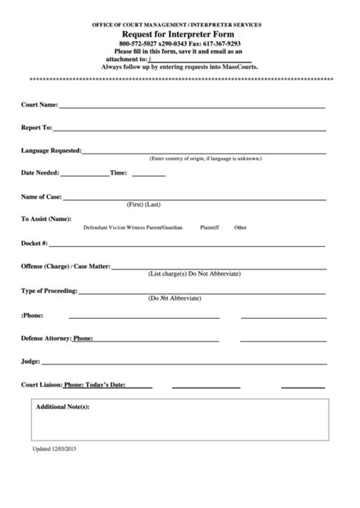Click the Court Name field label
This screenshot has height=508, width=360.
click(x=39, y=104)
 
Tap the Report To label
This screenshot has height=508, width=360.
click(x=36, y=128)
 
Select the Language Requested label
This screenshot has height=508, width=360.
click(x=52, y=150)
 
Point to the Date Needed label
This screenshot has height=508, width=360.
click(x=39, y=173)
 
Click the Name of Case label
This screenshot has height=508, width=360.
click(x=42, y=197)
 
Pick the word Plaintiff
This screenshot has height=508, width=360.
click(x=209, y=228)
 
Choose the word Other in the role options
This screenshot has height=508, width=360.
click(x=240, y=228)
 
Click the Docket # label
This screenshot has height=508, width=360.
click(x=34, y=244)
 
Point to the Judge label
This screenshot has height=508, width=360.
click(x=30, y=361)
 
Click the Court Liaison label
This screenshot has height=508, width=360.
click(x=42, y=386)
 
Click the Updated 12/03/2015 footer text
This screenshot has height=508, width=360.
click(x=55, y=471)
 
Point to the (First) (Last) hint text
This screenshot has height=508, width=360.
click(x=144, y=205)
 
